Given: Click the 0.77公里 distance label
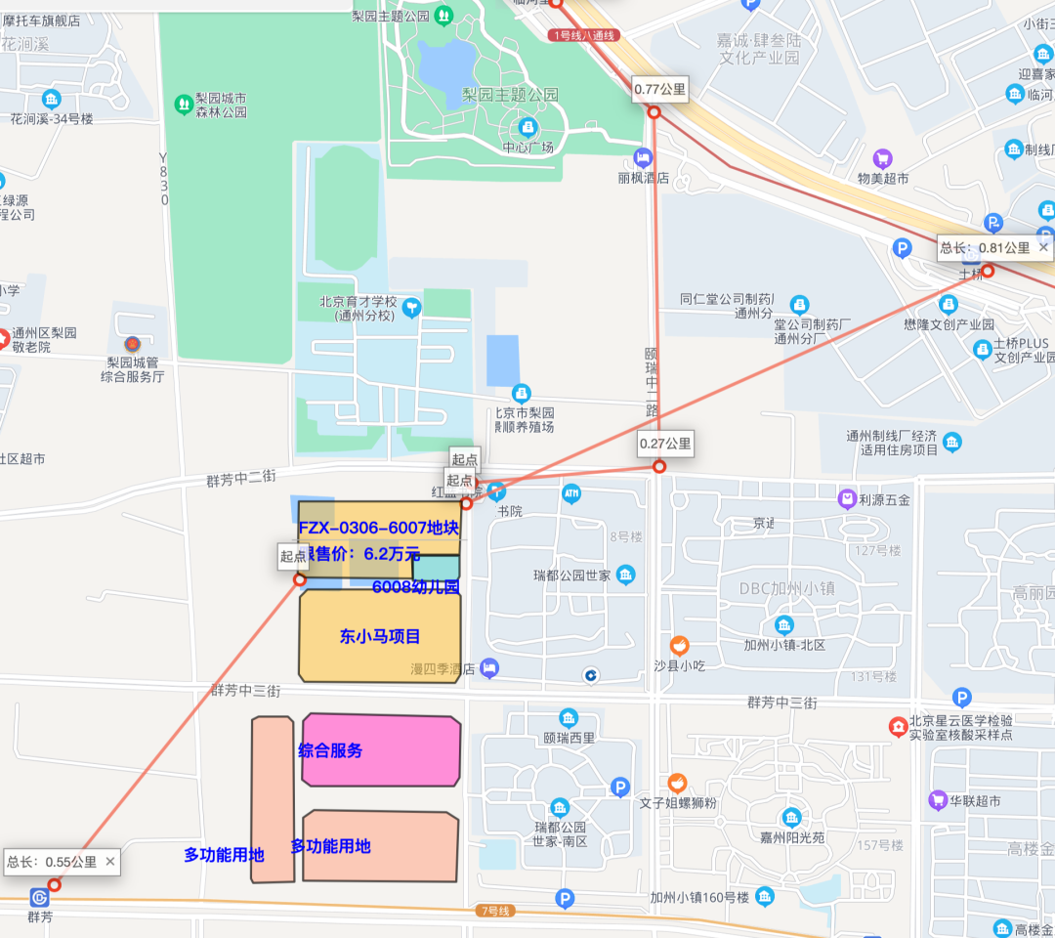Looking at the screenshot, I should pyautogui.click(x=660, y=90).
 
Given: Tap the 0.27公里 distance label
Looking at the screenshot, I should pyautogui.click(x=665, y=445).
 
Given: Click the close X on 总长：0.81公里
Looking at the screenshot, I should pyautogui.click(x=1043, y=248).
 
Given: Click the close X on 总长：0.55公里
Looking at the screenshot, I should pyautogui.click(x=109, y=861).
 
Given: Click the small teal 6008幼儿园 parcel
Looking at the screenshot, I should pyautogui.click(x=436, y=567).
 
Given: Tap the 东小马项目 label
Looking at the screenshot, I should pyautogui.click(x=380, y=637).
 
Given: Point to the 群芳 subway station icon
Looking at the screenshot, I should pyautogui.click(x=39, y=897).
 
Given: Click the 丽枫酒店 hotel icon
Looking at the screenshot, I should pyautogui.click(x=643, y=157).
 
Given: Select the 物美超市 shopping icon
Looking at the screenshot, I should pyautogui.click(x=883, y=157).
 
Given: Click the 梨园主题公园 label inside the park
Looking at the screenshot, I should pyautogui.click(x=510, y=95).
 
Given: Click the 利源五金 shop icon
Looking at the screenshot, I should pyautogui.click(x=847, y=498).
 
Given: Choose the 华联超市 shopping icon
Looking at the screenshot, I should pyautogui.click(x=938, y=800).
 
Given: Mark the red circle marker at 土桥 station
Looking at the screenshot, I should pyautogui.click(x=988, y=271).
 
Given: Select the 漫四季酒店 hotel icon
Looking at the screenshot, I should pyautogui.click(x=489, y=668).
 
